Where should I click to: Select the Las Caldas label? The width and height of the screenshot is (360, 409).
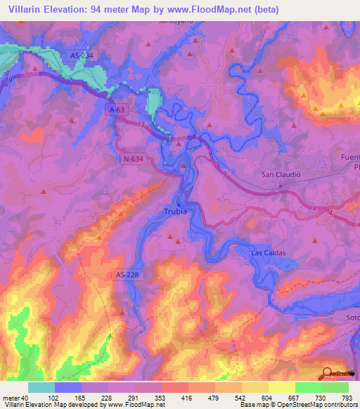(269, 252)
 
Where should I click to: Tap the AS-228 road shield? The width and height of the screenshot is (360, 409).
(128, 276)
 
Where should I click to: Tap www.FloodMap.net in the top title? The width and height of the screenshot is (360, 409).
(219, 10)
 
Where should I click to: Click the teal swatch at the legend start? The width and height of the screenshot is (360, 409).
(41, 387)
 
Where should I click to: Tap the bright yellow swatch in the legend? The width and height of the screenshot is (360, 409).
(281, 387)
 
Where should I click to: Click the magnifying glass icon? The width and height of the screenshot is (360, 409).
(328, 373)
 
